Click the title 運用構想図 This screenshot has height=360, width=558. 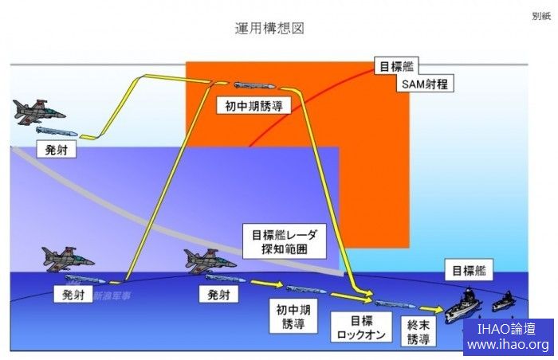pyautogui.click(x=269, y=28)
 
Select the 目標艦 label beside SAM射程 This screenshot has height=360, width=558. pyautogui.click(x=396, y=66)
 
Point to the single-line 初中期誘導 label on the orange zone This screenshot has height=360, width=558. pyautogui.click(x=252, y=104)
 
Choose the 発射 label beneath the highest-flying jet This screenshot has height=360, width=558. pyautogui.click(x=57, y=149)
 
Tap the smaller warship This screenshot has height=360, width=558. pyautogui.click(x=503, y=303)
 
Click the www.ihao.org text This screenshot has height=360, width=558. pyautogui.click(x=508, y=345)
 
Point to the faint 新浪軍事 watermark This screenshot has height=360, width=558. pyautogui.click(x=112, y=295)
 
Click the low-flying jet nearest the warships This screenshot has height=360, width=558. pyautogui.click(x=209, y=259)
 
